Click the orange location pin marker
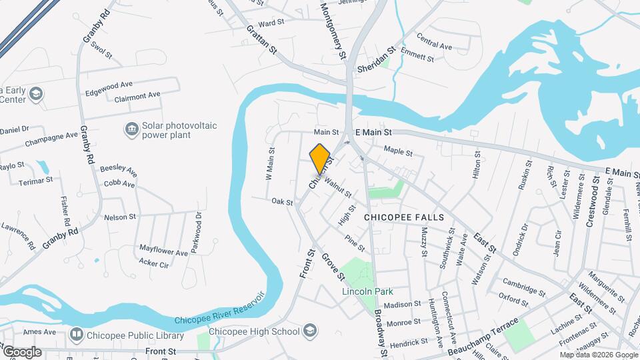tap(320, 158)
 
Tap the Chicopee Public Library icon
tap(77, 332)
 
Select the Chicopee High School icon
tap(309, 331)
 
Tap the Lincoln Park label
tap(367, 291)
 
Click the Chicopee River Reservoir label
tap(220, 312)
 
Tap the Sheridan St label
tap(376, 59)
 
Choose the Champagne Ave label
tap(52, 139)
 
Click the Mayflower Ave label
tap(163, 251)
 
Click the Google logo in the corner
tap(22, 351)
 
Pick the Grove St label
tap(333, 266)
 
